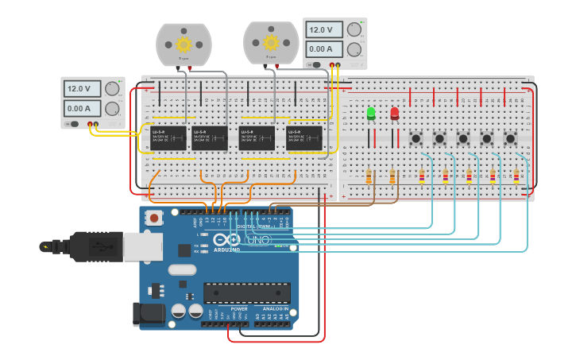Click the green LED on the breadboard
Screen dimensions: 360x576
371,114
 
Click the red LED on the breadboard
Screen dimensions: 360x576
395,114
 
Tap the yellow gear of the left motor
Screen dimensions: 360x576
184,44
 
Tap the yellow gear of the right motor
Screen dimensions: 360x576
271,41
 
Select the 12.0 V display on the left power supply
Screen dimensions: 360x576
83,89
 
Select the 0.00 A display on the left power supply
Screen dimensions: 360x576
83,108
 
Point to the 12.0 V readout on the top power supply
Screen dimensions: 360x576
324,30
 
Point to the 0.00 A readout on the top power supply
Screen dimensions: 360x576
324,49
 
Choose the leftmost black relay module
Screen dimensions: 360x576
168,137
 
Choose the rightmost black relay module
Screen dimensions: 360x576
304,137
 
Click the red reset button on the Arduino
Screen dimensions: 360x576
154,217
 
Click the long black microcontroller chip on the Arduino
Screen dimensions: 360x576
246,292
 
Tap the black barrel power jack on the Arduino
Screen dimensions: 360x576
149,314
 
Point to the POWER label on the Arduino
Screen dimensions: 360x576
238,308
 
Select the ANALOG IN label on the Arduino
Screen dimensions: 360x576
275,308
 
